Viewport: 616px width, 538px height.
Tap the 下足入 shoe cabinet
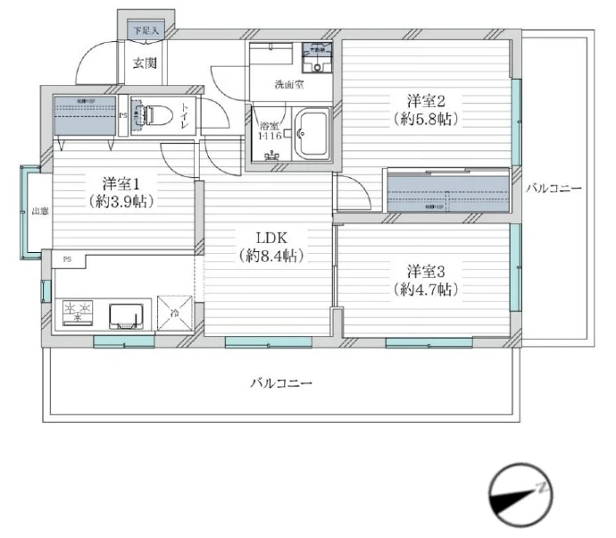tap(146, 30)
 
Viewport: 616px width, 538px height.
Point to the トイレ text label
tap(186, 116)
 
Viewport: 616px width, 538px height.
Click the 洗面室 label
tap(287, 86)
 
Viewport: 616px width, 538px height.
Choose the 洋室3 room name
tap(426, 269)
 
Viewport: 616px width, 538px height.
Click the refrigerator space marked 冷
tap(175, 314)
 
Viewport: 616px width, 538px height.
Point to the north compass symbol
tap(520, 494)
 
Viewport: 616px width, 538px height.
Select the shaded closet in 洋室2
tap(449, 190)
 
